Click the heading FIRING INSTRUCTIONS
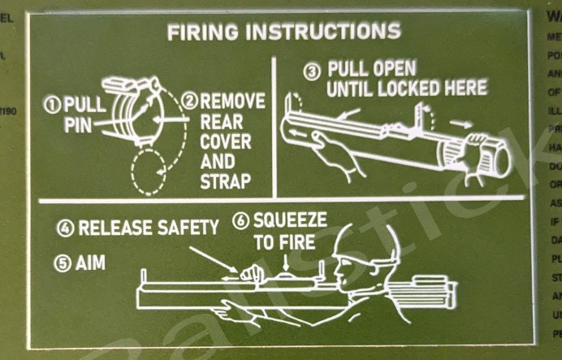pyautogui.click(x=283, y=33)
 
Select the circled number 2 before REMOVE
pyautogui.click(x=191, y=102)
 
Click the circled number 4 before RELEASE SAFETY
pyautogui.click(x=66, y=229)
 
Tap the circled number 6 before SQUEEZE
pyautogui.click(x=240, y=219)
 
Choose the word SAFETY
pyautogui.click(x=188, y=228)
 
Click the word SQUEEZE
pyautogui.click(x=291, y=219)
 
